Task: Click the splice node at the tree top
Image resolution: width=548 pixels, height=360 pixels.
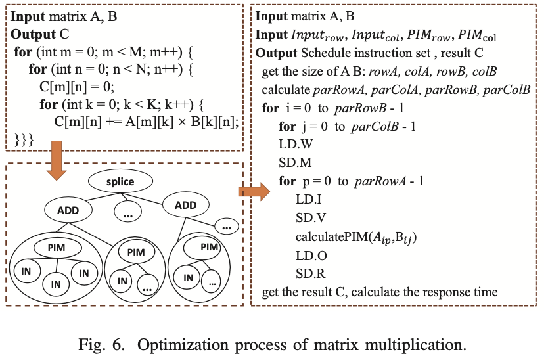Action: [120, 181]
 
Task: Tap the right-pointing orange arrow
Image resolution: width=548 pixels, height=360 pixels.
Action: [254, 192]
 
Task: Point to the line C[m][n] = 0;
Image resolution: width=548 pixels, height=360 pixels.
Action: [78, 86]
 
